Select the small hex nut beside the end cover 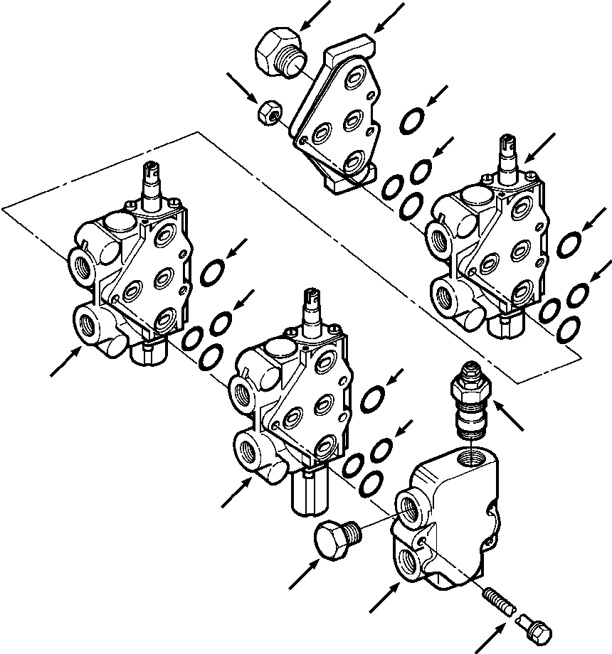click(269, 112)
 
